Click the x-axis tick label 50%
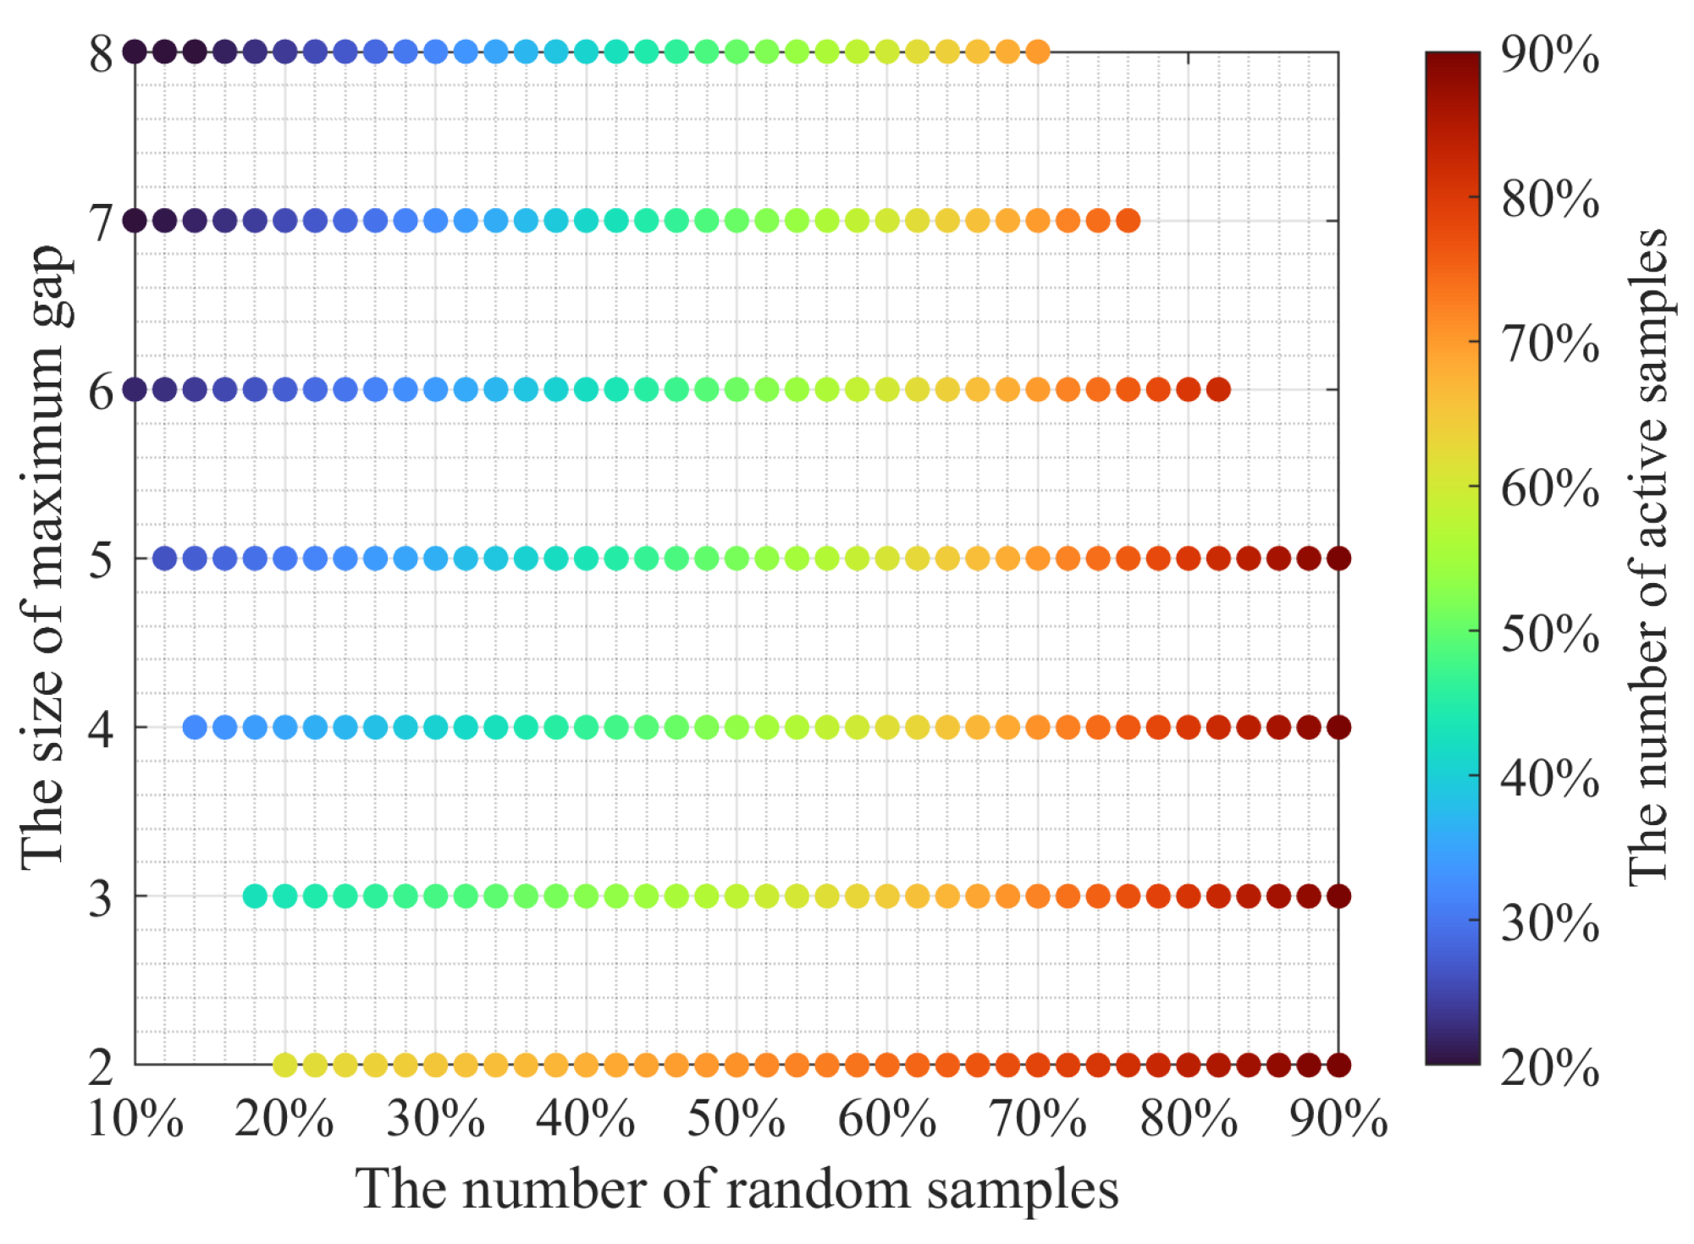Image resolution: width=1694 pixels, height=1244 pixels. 736,1120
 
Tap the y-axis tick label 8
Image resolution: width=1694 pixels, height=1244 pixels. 101,54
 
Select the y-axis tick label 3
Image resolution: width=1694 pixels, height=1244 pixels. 101,898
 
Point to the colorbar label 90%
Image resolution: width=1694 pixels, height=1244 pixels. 1550,56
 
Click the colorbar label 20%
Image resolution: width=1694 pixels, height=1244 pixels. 1550,1068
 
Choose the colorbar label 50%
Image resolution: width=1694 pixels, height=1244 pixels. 1550,634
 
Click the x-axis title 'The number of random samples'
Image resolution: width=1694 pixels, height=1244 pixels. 736,1190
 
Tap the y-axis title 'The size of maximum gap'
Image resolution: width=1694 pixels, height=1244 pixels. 44,559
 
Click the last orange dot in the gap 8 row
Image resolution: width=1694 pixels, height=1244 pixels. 1037,52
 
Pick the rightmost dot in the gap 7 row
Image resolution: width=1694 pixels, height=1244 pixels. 1128,221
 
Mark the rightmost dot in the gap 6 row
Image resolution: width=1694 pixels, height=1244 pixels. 1218,389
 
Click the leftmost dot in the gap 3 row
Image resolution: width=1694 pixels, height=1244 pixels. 255,895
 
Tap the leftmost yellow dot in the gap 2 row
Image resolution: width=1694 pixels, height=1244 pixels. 285,1065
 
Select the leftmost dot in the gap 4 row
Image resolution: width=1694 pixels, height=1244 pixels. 195,727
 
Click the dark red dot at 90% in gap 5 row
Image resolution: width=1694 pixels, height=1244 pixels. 1338,559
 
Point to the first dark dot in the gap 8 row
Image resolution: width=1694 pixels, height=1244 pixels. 135,52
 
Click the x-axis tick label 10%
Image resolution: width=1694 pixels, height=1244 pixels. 135,1120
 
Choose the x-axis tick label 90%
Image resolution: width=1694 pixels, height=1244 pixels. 1338,1120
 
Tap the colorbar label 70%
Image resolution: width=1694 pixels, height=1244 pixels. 1550,344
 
